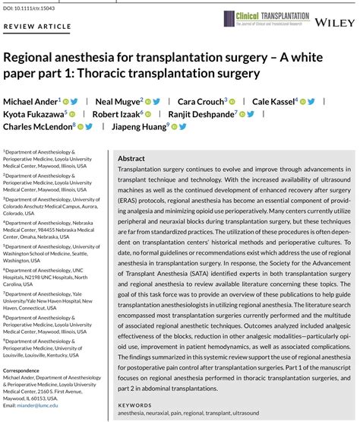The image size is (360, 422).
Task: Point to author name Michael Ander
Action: point(30,101)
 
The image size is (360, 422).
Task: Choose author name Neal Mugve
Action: point(116,101)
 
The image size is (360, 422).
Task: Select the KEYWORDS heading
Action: point(136,405)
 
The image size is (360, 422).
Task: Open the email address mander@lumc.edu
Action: point(31,406)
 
